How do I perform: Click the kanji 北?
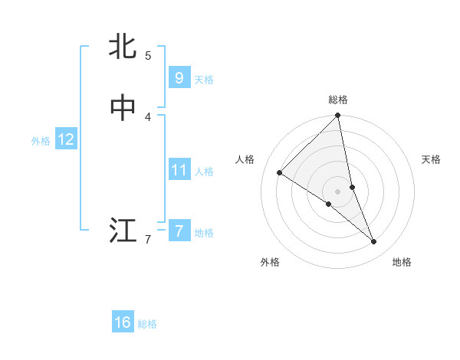tap(123, 47)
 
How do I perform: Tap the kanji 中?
tap(123, 108)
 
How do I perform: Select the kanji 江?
tap(123, 230)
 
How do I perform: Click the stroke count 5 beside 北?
tap(148, 55)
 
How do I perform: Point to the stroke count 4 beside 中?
tap(148, 116)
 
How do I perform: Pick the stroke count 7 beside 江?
tap(148, 240)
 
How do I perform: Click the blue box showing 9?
tap(179, 77)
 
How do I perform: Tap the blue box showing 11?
tap(179, 169)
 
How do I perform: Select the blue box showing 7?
tap(179, 231)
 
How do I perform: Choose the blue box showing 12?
tap(66, 139)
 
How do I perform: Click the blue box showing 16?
tap(123, 322)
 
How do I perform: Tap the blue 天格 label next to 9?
tap(204, 79)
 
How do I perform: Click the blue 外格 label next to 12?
tap(41, 141)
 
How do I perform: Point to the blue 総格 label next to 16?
tap(148, 324)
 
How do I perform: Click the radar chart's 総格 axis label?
tap(338, 100)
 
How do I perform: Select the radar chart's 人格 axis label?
tap(245, 159)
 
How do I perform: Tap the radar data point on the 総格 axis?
tap(338, 116)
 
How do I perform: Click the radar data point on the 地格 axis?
tap(374, 242)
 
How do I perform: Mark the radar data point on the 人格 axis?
tap(280, 173)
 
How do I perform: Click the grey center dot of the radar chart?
tap(338, 191)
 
